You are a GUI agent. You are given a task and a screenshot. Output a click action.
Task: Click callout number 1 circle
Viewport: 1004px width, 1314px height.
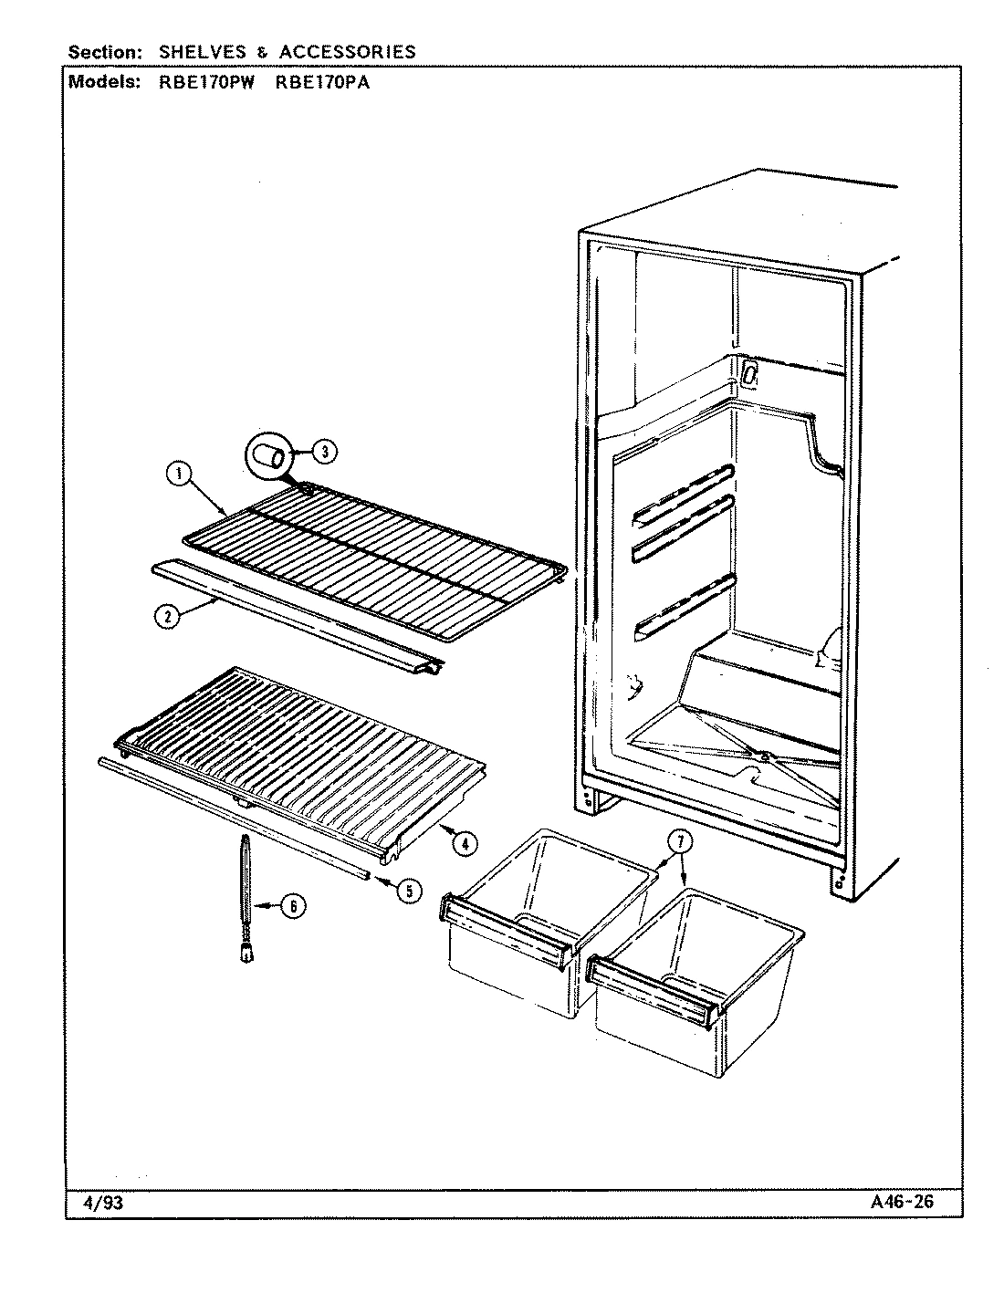[x=179, y=474]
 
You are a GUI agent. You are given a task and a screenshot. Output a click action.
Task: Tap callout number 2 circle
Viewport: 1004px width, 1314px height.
[x=166, y=616]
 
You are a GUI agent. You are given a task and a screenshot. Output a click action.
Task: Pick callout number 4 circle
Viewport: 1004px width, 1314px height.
[x=465, y=844]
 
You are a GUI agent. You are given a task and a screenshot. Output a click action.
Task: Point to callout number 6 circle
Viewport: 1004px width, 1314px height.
[x=292, y=906]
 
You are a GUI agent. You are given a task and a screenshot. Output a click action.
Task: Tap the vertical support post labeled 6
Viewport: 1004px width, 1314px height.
[x=245, y=894]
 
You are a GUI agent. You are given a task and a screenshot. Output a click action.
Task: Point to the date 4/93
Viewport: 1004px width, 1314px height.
[x=103, y=1203]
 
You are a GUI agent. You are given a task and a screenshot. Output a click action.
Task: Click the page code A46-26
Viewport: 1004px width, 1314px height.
[x=903, y=1203]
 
